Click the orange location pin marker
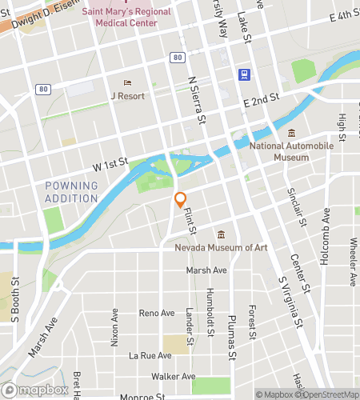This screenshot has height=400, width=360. pyautogui.click(x=181, y=199)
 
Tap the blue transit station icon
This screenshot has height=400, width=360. pyautogui.click(x=242, y=74)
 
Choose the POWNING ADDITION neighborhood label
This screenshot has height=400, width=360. pyautogui.click(x=71, y=192)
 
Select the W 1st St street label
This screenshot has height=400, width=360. pyautogui.click(x=110, y=165)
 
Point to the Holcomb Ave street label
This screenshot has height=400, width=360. pyautogui.click(x=326, y=230)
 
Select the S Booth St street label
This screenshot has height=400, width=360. pyautogui.click(x=14, y=298)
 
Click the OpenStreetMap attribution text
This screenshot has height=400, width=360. pyautogui.click(x=329, y=394)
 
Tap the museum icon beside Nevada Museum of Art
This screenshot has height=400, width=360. pyautogui.click(x=222, y=234)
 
